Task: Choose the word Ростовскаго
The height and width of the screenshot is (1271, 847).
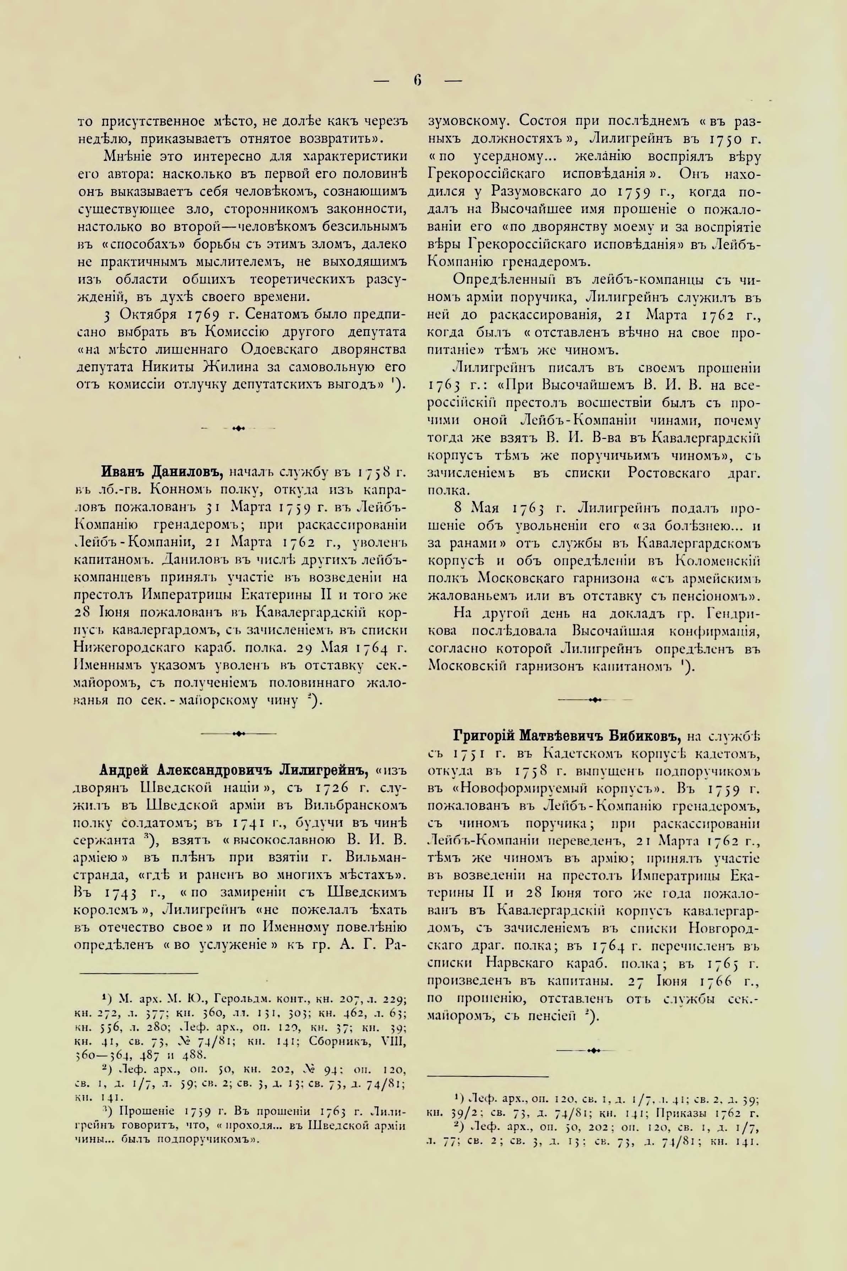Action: (673, 473)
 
